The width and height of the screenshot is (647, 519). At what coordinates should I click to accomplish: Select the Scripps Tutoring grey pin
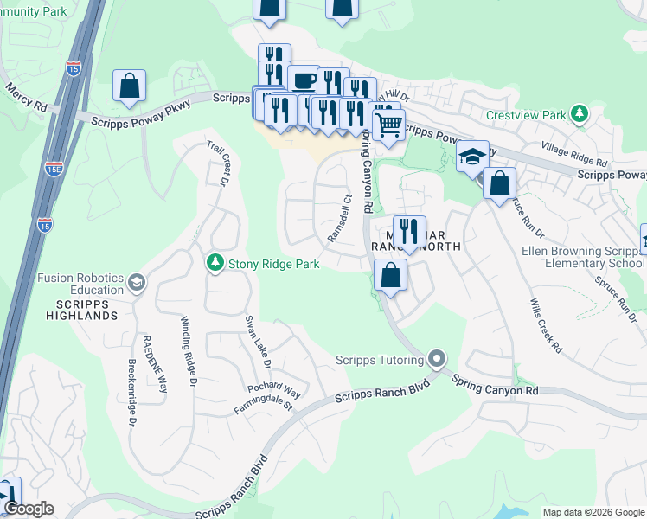click(x=437, y=358)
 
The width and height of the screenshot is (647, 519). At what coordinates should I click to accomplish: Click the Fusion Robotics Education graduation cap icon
click(x=136, y=282)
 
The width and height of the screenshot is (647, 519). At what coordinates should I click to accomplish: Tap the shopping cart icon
click(x=388, y=125)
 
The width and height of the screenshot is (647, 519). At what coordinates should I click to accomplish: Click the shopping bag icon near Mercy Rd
click(x=129, y=86)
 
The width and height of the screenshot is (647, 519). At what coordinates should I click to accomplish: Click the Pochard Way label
click(x=273, y=391)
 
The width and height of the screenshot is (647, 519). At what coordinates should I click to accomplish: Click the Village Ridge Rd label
click(x=573, y=155)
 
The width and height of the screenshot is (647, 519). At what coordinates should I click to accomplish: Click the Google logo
click(x=29, y=509)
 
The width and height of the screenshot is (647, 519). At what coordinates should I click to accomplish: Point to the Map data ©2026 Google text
click(x=593, y=512)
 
